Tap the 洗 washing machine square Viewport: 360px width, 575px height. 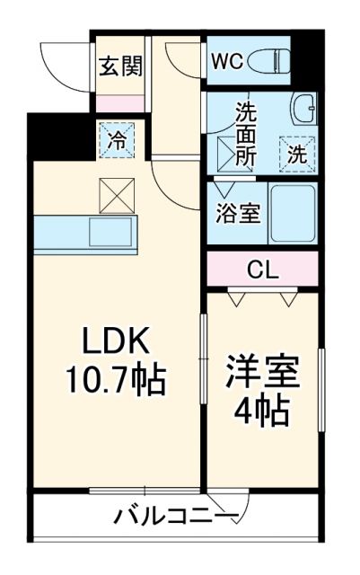pyautogui.click(x=295, y=152)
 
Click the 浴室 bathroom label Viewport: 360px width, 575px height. pyautogui.click(x=237, y=215)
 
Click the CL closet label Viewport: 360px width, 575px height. pyautogui.click(x=263, y=269)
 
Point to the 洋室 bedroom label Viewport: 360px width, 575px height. pyautogui.click(x=262, y=372)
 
